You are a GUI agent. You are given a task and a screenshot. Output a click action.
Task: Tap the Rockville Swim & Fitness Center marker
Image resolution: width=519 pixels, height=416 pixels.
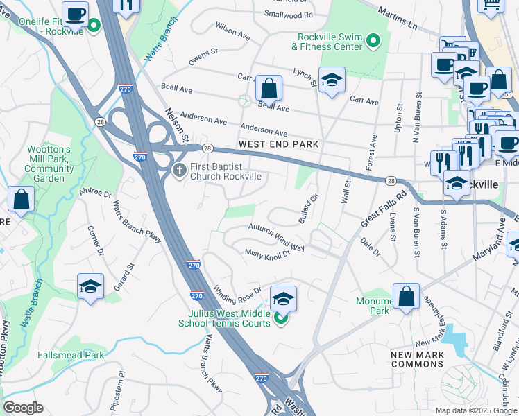(x=373, y=41)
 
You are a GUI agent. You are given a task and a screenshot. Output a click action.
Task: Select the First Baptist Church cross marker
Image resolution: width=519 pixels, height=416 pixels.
(x=179, y=170)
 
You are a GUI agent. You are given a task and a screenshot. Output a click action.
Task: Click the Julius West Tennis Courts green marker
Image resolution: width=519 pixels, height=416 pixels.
(x=280, y=318)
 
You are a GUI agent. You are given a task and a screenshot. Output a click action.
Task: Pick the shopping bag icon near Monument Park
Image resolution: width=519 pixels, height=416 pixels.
(x=406, y=297)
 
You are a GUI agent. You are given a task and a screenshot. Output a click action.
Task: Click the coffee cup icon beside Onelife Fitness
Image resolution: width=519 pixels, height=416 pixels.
(x=75, y=14)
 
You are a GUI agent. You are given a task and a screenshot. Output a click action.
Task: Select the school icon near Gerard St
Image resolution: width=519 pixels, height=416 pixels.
(x=90, y=287)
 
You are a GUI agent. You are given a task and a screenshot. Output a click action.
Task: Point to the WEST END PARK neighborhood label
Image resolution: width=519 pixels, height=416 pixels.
(x=278, y=144)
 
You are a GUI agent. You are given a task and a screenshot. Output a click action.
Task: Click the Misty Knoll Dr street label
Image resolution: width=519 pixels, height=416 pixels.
(x=267, y=254)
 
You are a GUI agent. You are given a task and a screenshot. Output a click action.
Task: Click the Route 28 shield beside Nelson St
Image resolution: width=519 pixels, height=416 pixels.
(x=207, y=148)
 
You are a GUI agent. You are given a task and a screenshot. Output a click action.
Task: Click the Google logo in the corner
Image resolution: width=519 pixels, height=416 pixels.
(x=23, y=408)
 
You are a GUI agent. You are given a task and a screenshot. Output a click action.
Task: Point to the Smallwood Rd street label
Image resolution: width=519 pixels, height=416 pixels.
(x=289, y=14)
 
